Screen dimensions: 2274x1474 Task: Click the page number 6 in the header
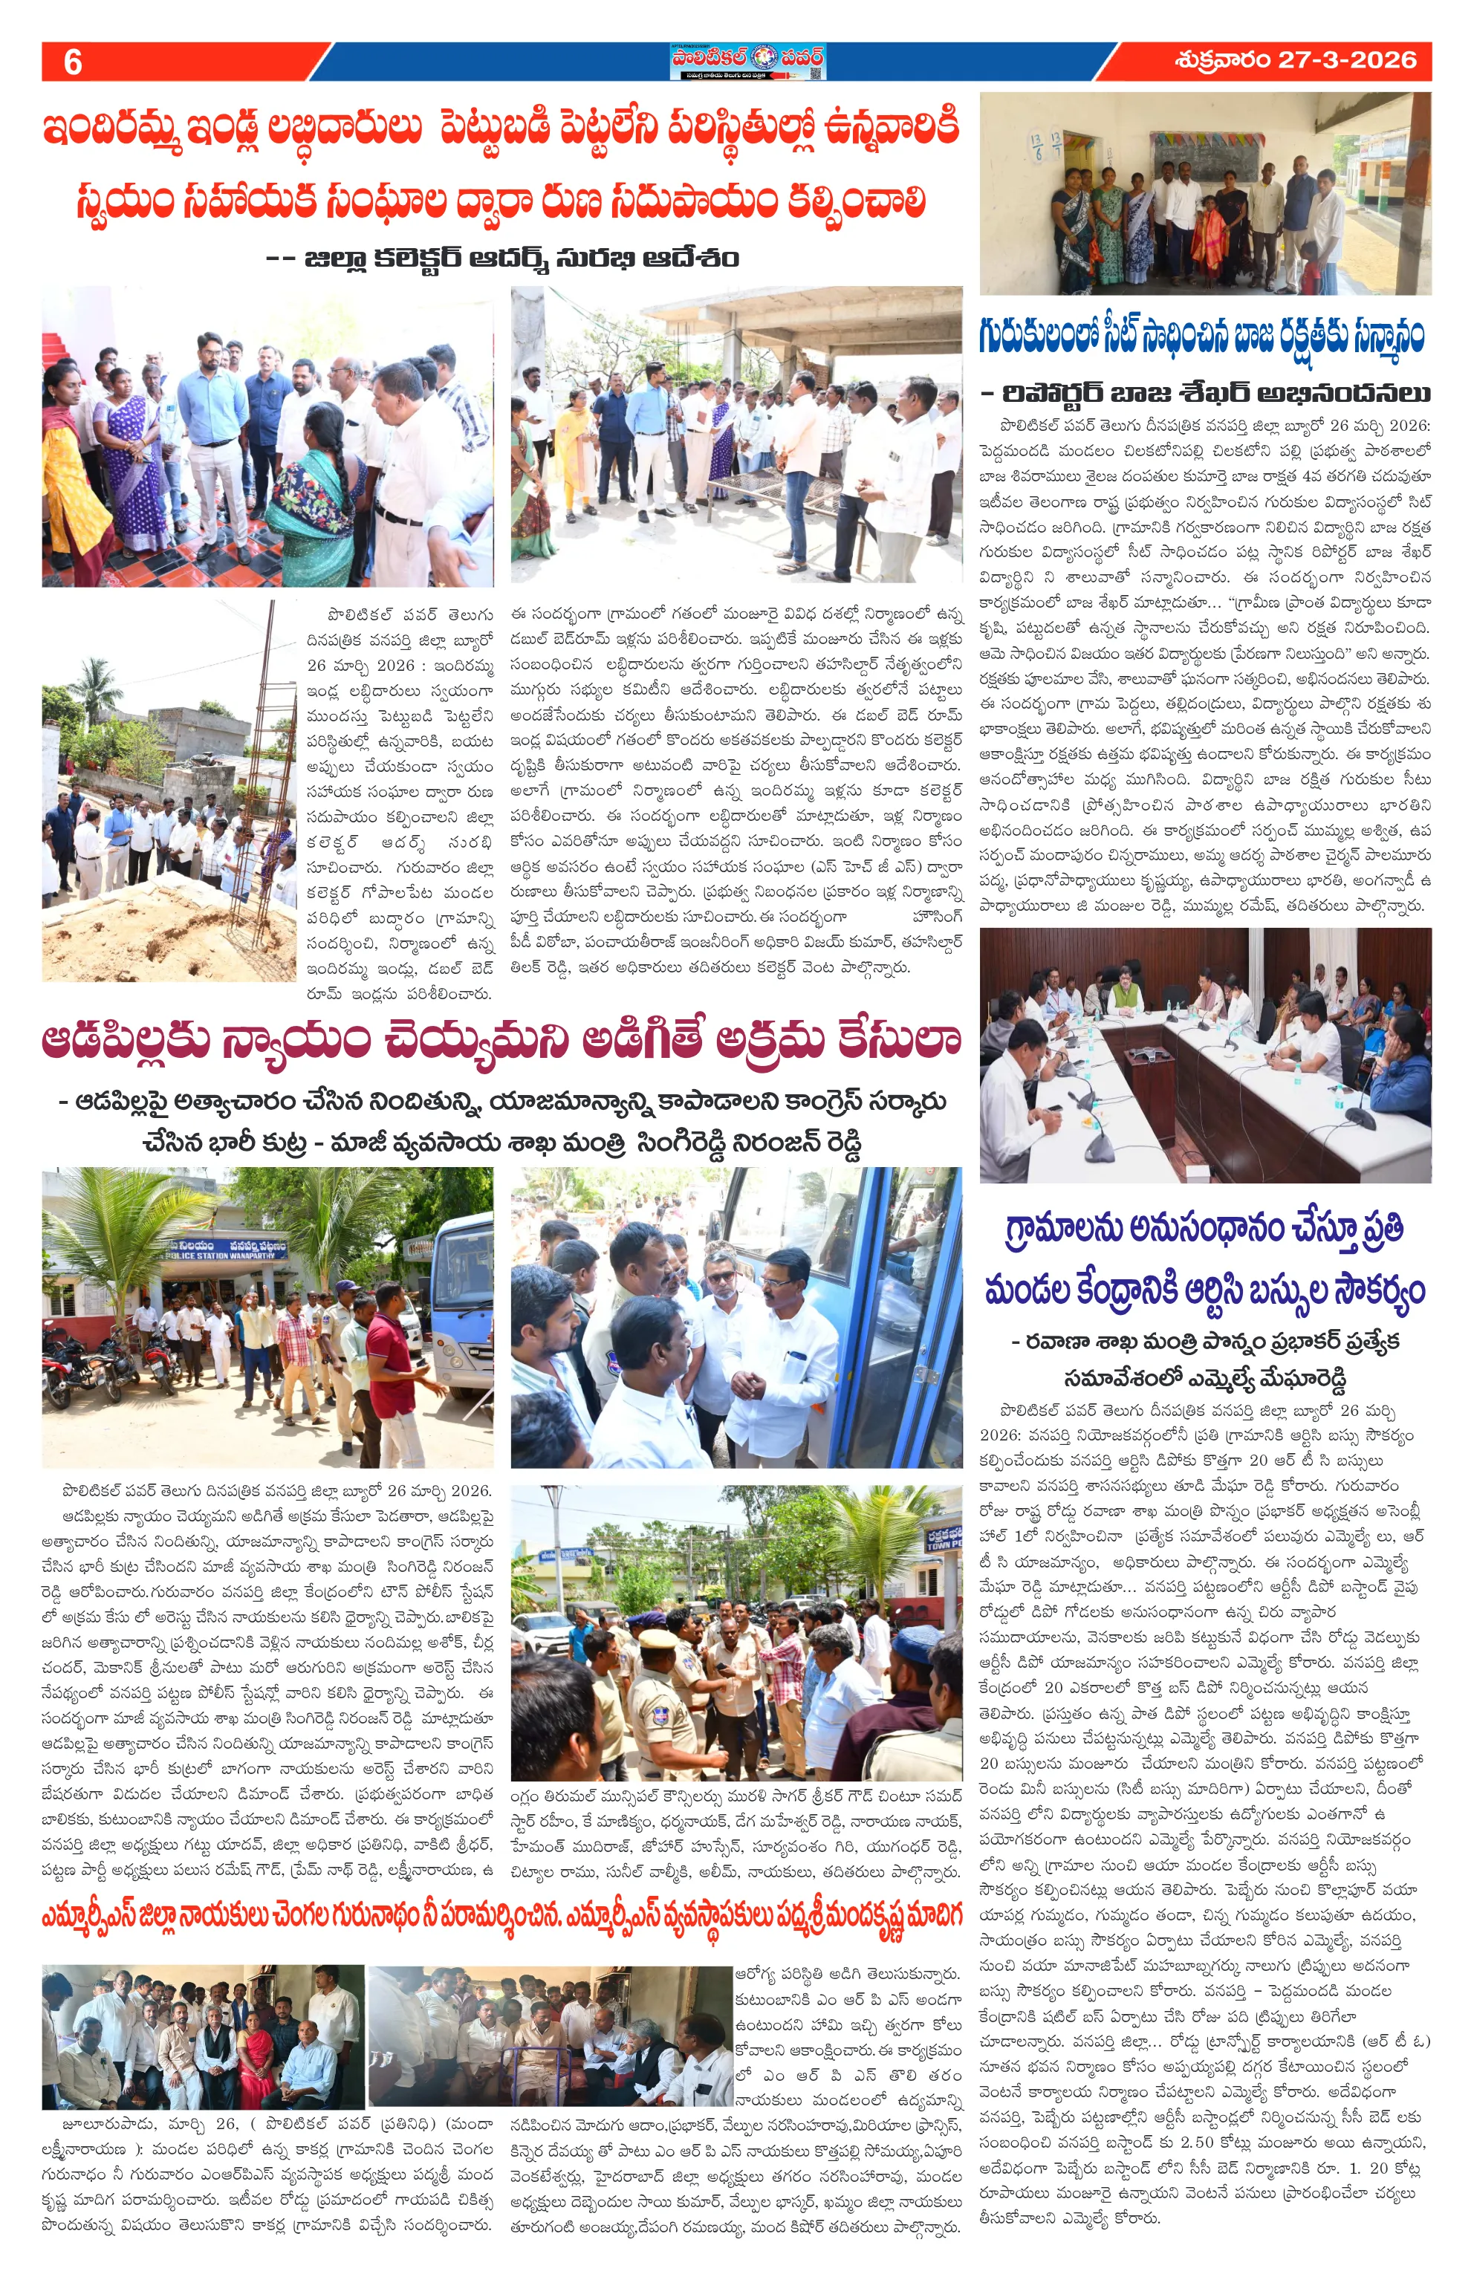coord(73,62)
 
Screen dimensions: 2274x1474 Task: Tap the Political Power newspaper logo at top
coord(746,61)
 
